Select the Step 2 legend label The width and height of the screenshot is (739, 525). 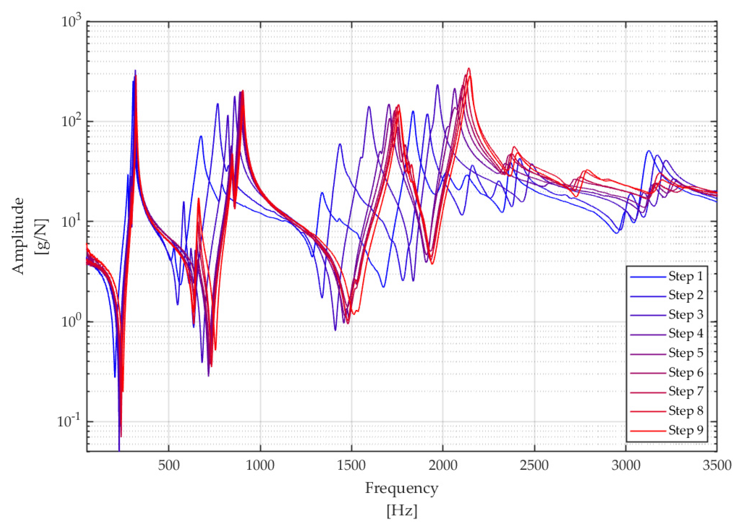[686, 295]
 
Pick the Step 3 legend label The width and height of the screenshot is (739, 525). [686, 314]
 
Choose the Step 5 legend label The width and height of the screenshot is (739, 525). [686, 353]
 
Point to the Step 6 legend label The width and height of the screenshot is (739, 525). [686, 372]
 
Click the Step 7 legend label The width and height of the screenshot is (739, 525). [686, 391]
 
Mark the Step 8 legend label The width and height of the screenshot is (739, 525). [686, 411]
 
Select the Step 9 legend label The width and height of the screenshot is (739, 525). [686, 430]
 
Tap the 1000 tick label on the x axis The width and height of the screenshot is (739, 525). [260, 466]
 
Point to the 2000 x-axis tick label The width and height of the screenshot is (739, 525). [443, 466]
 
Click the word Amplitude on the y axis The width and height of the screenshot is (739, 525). [19, 236]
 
